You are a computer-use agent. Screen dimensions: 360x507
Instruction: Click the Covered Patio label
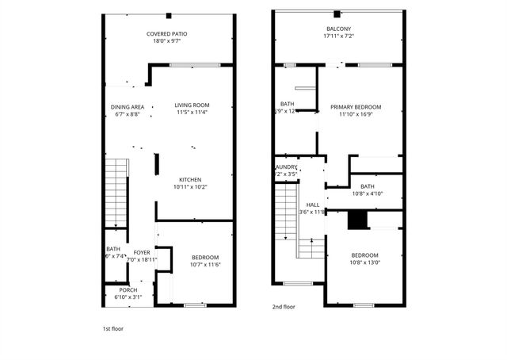pos(166,34)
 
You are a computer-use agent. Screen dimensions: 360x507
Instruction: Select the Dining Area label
pos(127,107)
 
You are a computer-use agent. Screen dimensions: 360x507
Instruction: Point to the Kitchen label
pos(190,180)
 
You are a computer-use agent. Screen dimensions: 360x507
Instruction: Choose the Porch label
pos(128,290)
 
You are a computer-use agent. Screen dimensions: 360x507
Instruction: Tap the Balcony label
pos(338,28)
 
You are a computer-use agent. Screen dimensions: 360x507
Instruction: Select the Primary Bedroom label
pos(356,107)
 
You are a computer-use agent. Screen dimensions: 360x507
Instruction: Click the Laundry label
pos(285,167)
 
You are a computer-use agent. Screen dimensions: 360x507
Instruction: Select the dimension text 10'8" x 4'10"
pos(367,193)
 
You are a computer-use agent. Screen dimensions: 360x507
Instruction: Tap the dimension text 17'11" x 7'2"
pos(338,36)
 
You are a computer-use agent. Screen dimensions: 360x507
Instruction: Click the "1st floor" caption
pos(112,328)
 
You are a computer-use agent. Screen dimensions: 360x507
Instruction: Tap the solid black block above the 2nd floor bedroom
pos(358,220)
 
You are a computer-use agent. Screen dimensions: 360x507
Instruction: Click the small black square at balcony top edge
pos(337,14)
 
